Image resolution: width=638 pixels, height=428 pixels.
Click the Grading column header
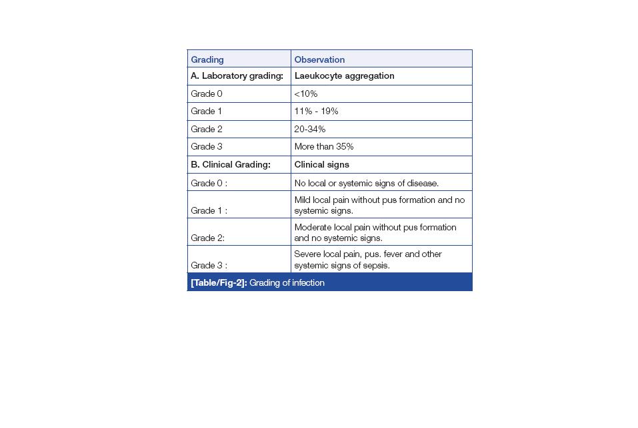207,59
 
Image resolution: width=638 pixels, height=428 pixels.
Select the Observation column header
319,59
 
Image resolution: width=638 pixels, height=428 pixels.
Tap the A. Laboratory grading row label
237,76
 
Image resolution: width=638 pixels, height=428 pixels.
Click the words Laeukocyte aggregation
344,76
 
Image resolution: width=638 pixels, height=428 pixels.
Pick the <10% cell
306,94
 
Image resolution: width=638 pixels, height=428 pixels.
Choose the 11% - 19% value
316,112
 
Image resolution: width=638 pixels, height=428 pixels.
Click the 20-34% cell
310,129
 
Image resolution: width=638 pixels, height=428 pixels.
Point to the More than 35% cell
324,147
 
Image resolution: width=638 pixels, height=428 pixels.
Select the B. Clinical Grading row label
231,164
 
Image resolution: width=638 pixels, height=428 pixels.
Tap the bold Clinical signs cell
321,164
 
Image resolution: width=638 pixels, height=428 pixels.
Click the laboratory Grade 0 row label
207,94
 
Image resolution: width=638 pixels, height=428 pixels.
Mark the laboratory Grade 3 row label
207,147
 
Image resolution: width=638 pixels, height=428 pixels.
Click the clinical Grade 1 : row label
209,210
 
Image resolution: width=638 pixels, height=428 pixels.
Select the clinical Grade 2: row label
208,238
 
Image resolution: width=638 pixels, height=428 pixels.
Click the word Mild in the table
303,200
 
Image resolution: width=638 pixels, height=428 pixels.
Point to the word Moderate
313,227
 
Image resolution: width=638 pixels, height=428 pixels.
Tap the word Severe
307,254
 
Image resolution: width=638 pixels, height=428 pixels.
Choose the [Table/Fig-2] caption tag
219,283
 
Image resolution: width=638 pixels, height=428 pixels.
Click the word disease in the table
422,183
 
